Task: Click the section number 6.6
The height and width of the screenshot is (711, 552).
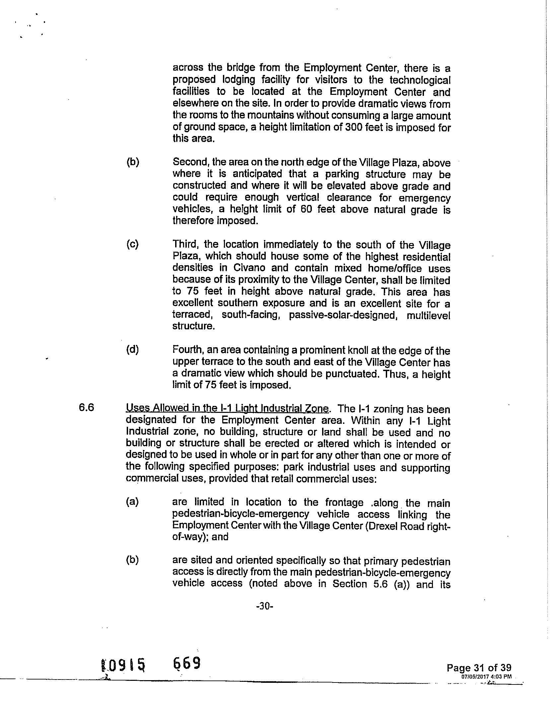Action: (x=86, y=407)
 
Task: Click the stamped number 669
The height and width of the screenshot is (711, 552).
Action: (x=187, y=663)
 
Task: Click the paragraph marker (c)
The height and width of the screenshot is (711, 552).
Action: (x=132, y=244)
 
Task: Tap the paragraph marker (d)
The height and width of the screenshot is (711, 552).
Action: (x=132, y=350)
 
